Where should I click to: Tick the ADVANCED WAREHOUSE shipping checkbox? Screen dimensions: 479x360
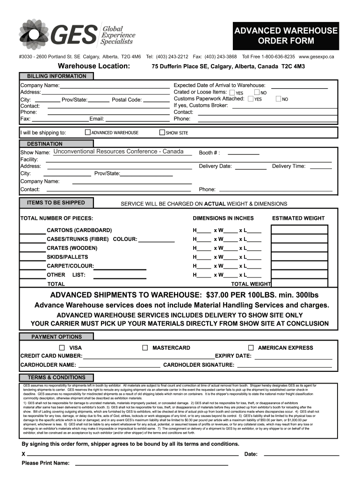(87, 132)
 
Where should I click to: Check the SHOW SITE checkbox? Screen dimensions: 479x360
(162, 132)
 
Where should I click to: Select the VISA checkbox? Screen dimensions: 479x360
(62, 348)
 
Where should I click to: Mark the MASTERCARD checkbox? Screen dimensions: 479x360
(145, 348)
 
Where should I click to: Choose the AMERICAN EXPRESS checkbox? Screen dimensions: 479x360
(251, 348)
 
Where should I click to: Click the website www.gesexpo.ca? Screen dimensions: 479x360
(317, 57)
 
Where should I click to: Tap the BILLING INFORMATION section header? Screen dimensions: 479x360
(56, 76)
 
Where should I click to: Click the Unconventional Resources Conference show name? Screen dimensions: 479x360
(118, 152)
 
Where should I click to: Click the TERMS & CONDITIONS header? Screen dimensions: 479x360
(56, 377)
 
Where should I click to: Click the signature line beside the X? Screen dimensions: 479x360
(133, 454)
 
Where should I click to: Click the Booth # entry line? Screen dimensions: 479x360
(243, 153)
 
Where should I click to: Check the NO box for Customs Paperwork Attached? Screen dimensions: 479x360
(279, 99)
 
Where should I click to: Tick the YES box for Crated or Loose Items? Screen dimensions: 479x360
(232, 93)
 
